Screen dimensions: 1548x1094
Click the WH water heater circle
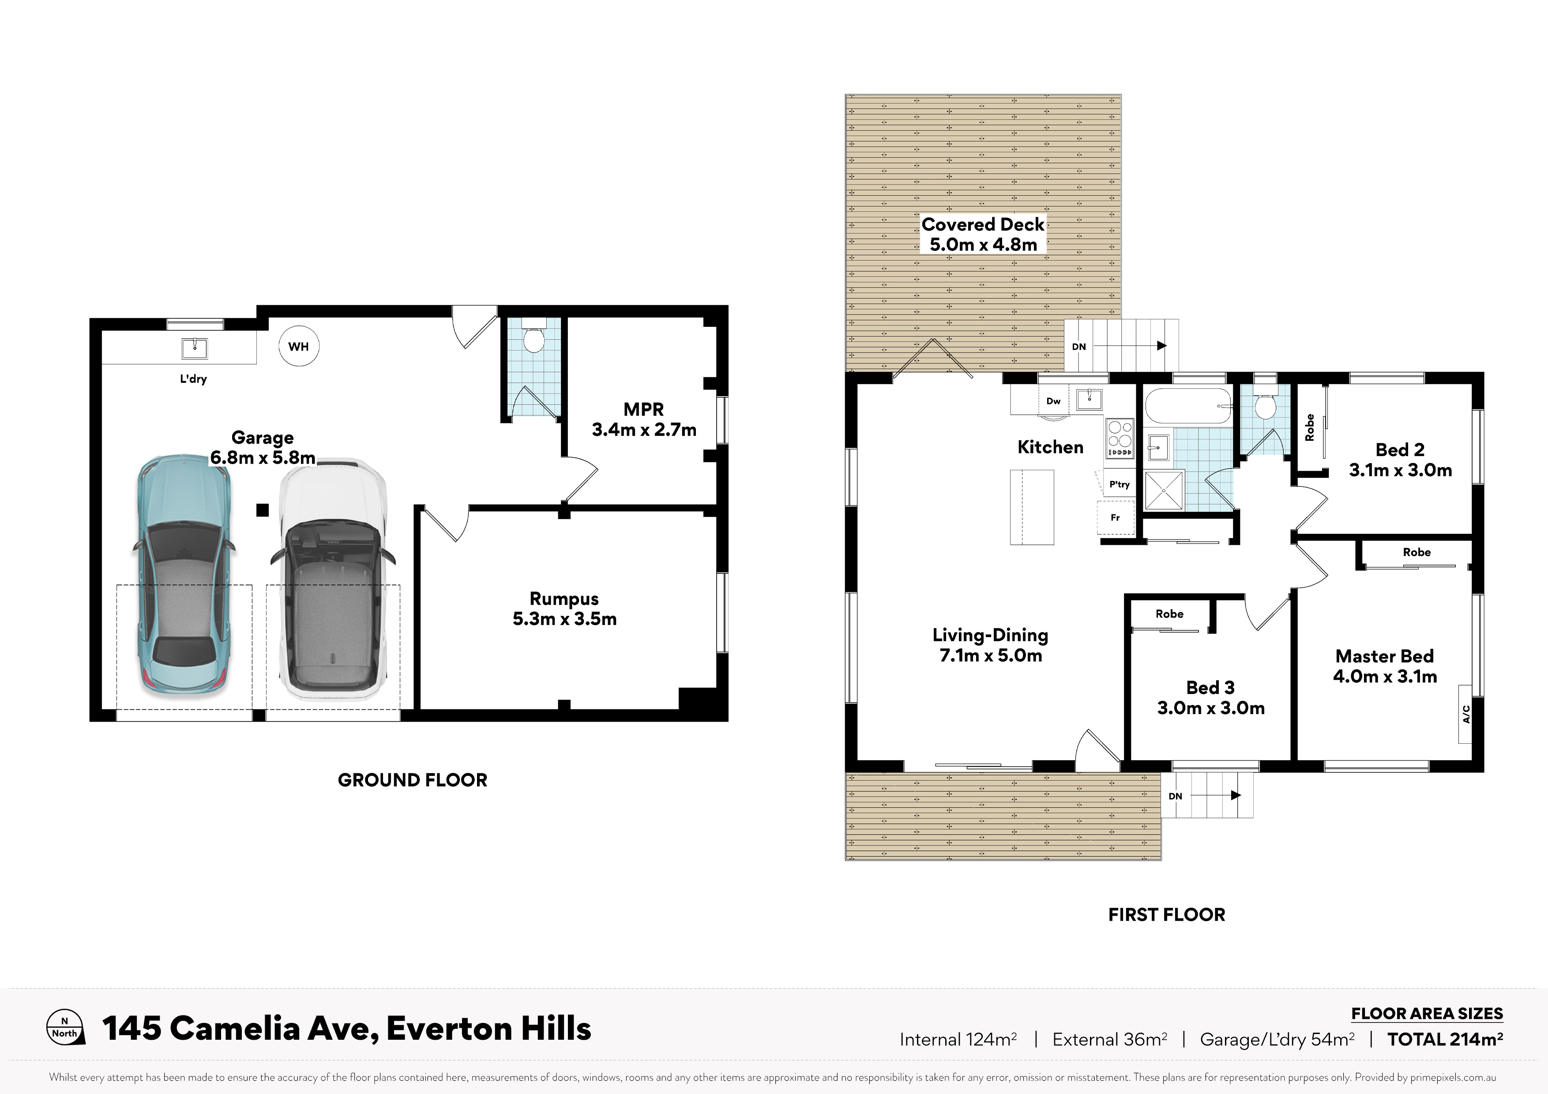coord(299,346)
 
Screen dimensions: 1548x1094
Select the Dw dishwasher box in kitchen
coord(1053,401)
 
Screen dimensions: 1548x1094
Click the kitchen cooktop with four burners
coord(1120,438)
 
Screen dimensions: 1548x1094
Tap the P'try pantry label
coord(1119,484)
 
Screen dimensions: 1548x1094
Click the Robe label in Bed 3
coord(1170,614)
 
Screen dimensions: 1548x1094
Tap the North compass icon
coord(65,1028)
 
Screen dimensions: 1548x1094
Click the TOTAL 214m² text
coord(1445,1039)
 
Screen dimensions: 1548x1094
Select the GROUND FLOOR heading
coord(413,780)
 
